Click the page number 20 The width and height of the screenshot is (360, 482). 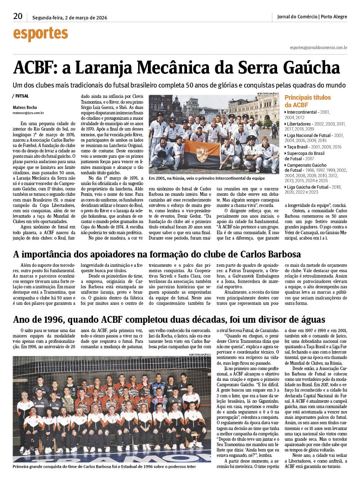pos(18,16)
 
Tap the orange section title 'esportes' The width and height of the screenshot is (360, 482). pos(40,34)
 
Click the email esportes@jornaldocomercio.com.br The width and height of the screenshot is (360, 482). pos(318,47)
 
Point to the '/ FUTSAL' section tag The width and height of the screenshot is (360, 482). pos(21,96)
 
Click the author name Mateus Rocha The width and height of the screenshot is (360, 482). pos(25,107)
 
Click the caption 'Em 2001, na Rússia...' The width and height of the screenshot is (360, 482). pos(207,178)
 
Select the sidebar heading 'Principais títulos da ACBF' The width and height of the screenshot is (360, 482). pos(307,101)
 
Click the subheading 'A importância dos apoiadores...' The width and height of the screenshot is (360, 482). pos(157,254)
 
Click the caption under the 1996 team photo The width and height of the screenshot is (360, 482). pos(104,467)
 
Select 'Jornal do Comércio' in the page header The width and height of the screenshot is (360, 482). pos(297,16)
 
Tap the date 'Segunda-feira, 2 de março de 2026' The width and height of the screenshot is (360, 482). pos(70,18)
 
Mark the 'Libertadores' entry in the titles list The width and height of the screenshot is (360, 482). pos(299,124)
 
